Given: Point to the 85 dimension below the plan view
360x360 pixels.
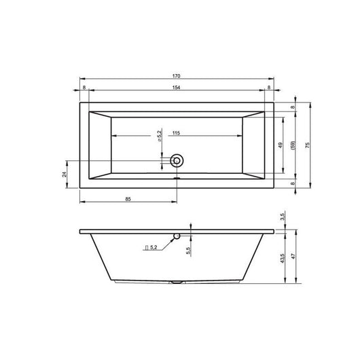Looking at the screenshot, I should (128, 198).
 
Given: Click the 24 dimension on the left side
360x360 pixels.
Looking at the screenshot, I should (65, 174).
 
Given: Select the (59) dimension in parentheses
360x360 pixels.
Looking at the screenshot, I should (292, 145).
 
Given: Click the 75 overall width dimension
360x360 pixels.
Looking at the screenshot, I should (307, 145).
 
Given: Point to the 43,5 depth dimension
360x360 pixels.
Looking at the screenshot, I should (281, 261).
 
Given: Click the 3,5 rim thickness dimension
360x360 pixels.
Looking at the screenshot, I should (281, 218).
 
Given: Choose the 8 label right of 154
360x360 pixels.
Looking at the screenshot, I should (270, 88).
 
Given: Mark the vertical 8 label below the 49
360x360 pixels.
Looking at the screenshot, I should (293, 183).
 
